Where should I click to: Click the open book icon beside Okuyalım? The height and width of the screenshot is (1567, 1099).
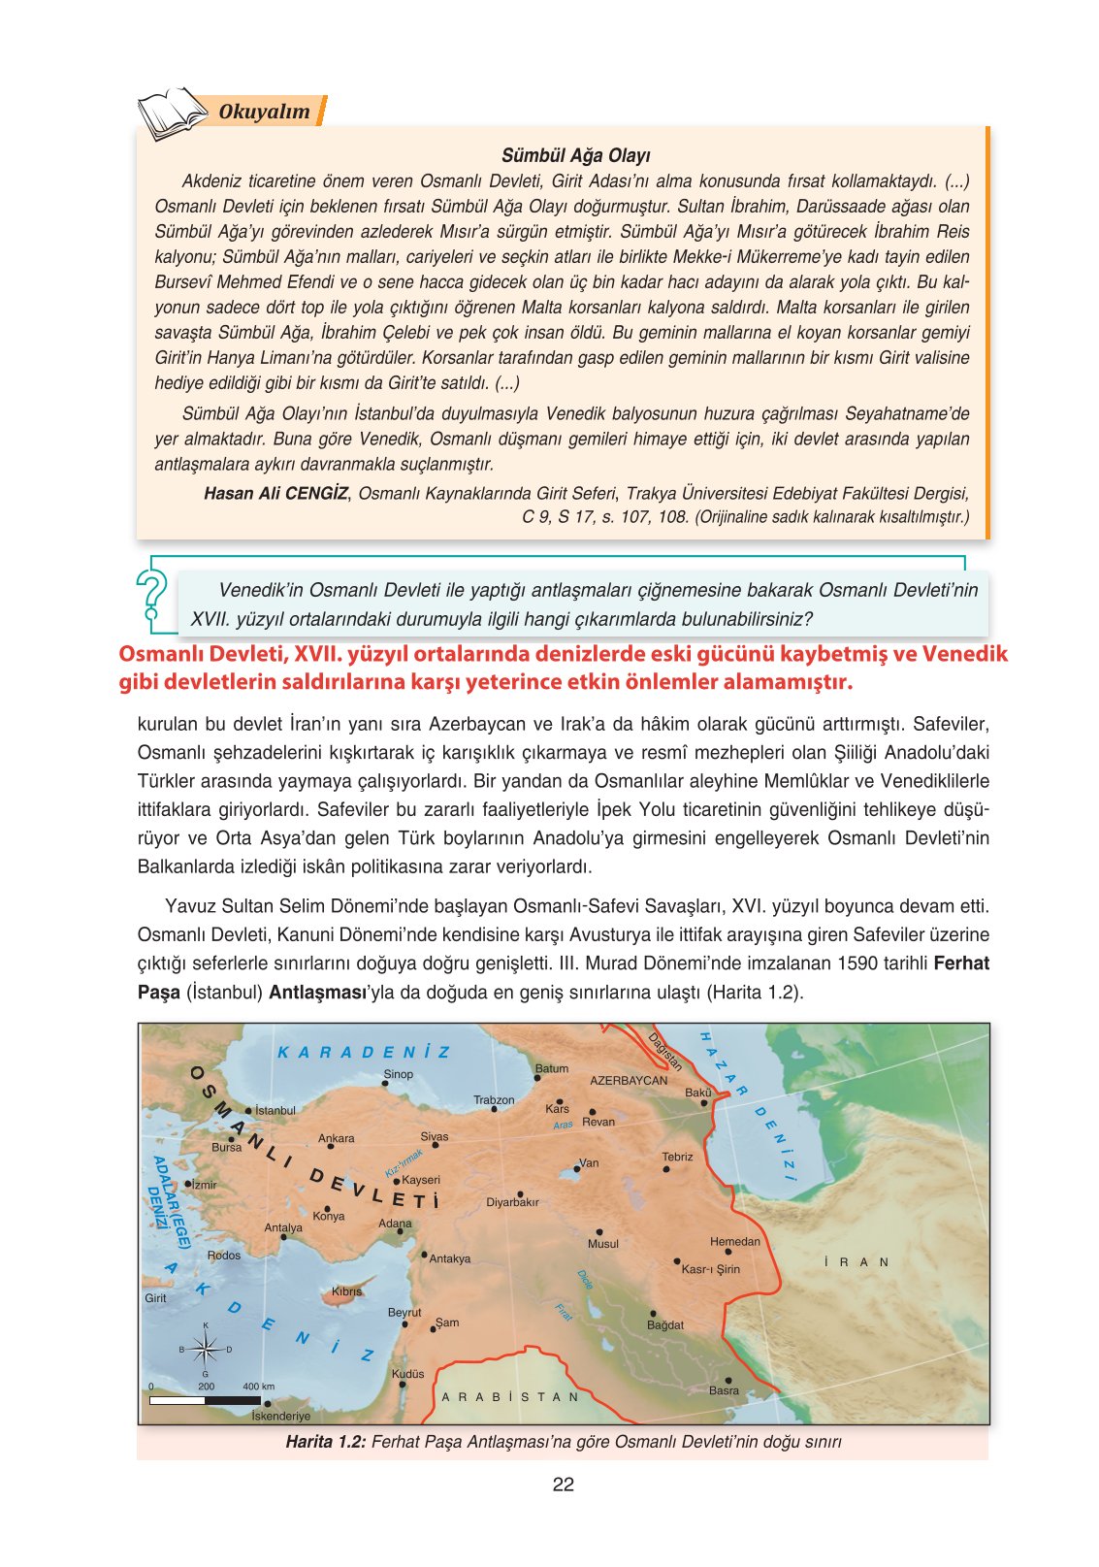click(173, 114)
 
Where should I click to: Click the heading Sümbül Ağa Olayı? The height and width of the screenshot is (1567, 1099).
click(575, 155)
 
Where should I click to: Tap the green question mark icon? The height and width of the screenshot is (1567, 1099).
click(152, 595)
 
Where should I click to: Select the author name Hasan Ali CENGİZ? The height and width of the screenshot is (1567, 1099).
click(275, 493)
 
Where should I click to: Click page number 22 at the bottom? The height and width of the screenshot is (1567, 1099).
click(563, 1485)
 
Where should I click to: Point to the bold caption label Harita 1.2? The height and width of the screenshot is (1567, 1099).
click(325, 1442)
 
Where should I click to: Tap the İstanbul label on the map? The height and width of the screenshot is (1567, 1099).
click(275, 1110)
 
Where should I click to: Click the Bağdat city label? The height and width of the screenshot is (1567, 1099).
click(665, 1324)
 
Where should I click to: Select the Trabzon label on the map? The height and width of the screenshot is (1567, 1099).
click(494, 1100)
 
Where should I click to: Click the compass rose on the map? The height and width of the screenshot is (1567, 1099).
click(205, 1349)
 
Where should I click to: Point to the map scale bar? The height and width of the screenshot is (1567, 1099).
click(206, 1400)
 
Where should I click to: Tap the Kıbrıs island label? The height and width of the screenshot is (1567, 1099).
click(346, 1291)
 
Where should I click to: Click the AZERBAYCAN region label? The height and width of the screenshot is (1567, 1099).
click(629, 1080)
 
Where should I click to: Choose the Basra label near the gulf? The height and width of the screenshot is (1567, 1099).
click(724, 1390)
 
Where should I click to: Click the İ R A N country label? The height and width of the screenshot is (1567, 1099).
click(856, 1262)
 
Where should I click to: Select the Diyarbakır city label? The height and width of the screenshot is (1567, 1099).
click(512, 1202)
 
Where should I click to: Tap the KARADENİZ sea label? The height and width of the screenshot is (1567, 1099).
click(364, 1053)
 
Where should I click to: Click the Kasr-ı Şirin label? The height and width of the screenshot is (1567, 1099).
click(710, 1269)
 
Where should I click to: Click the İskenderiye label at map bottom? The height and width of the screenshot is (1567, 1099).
click(281, 1416)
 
